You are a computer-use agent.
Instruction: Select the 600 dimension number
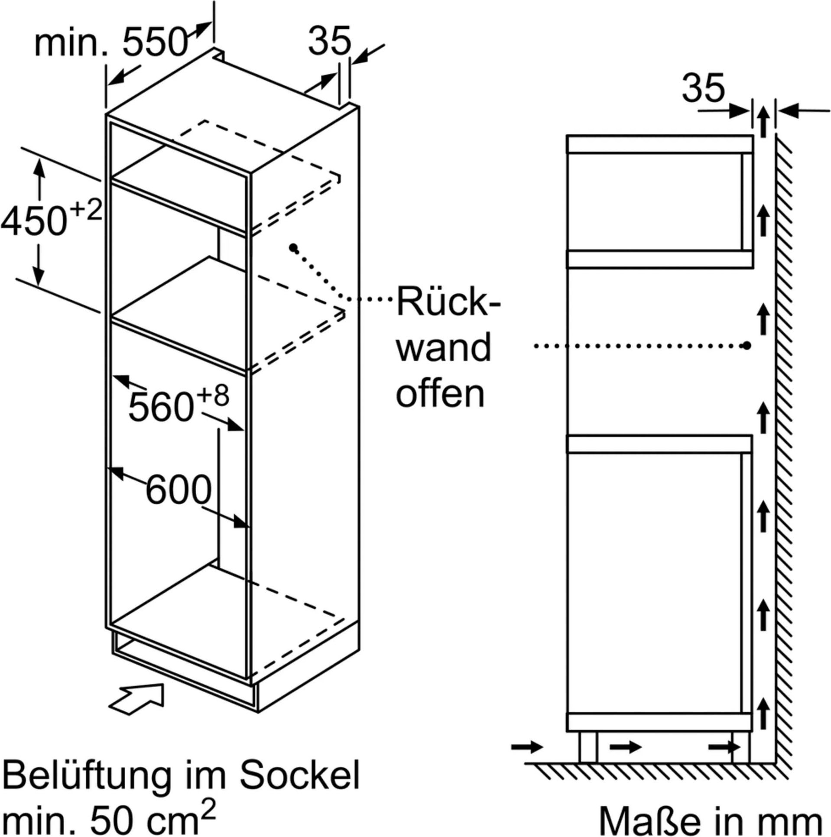(178, 490)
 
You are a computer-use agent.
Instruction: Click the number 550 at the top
(155, 42)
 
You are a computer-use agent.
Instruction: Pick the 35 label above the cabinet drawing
(329, 41)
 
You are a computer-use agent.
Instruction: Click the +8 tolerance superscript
(212, 396)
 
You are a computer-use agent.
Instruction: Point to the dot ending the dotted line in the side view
(746, 345)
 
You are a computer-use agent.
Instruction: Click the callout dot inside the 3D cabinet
(294, 248)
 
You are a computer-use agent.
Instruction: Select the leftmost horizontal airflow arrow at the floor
(527, 747)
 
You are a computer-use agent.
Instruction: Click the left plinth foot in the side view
(588, 746)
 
